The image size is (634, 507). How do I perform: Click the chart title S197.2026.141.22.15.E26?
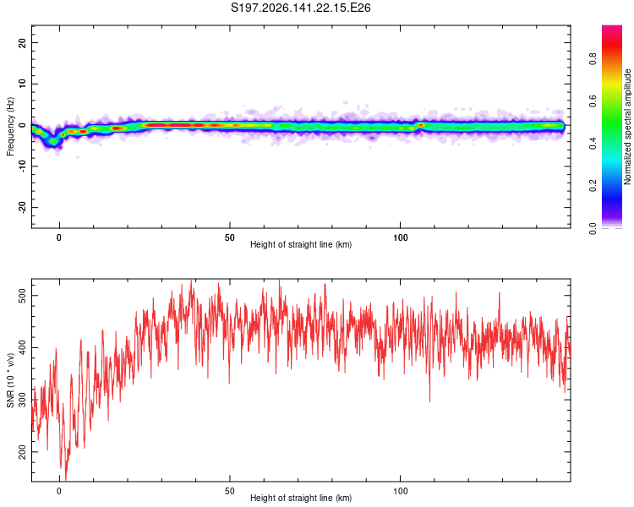point(300,8)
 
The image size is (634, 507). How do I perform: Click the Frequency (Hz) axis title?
point(10,127)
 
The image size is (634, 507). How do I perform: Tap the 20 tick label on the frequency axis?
point(22,42)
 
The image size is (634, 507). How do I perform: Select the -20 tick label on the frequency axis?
point(22,207)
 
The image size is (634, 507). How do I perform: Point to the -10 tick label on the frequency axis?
point(22,166)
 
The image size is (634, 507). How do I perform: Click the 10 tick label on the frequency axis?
point(22,84)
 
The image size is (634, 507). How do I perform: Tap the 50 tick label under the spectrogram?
point(230,237)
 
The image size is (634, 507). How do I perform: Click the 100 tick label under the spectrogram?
point(401,237)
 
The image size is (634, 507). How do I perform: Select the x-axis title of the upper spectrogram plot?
point(301,244)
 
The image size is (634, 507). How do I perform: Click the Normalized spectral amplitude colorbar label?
point(627,127)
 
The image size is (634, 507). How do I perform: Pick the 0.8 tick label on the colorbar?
point(593,59)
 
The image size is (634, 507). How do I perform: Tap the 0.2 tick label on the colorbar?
point(593,186)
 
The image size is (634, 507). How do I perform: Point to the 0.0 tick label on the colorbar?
point(593,228)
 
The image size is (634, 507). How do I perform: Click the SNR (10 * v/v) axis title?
point(10,380)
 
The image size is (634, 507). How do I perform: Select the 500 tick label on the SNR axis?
point(22,296)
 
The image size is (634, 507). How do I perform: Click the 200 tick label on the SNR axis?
point(22,452)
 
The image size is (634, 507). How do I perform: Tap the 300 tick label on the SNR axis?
point(22,400)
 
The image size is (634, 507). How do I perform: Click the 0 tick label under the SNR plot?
point(59,491)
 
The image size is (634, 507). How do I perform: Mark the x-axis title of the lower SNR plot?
point(301,498)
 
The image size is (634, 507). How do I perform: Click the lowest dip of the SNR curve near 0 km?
point(65,480)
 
